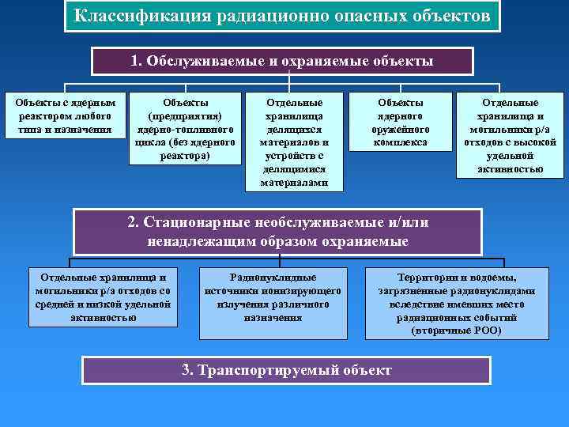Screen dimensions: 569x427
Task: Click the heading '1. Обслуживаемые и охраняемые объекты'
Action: (x=282, y=61)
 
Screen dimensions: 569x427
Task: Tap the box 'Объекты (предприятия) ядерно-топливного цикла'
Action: (x=186, y=129)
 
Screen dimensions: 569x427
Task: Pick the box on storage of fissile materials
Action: (x=295, y=142)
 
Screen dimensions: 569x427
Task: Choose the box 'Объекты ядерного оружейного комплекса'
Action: (x=401, y=123)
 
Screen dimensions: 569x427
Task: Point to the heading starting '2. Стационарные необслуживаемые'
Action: (x=277, y=232)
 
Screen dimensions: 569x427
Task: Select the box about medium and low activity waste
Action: (x=103, y=297)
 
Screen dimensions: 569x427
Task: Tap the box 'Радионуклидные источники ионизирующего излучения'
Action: (x=273, y=297)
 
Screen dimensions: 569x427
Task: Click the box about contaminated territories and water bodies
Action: (x=456, y=304)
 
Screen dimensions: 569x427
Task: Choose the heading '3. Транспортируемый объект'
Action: (x=286, y=370)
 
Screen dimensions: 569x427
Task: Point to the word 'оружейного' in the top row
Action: (x=401, y=129)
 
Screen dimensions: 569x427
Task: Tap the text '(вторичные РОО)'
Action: (x=456, y=331)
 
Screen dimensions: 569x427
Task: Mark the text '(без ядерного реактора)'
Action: (x=186, y=149)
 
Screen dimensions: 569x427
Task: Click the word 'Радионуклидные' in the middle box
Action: (x=273, y=278)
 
